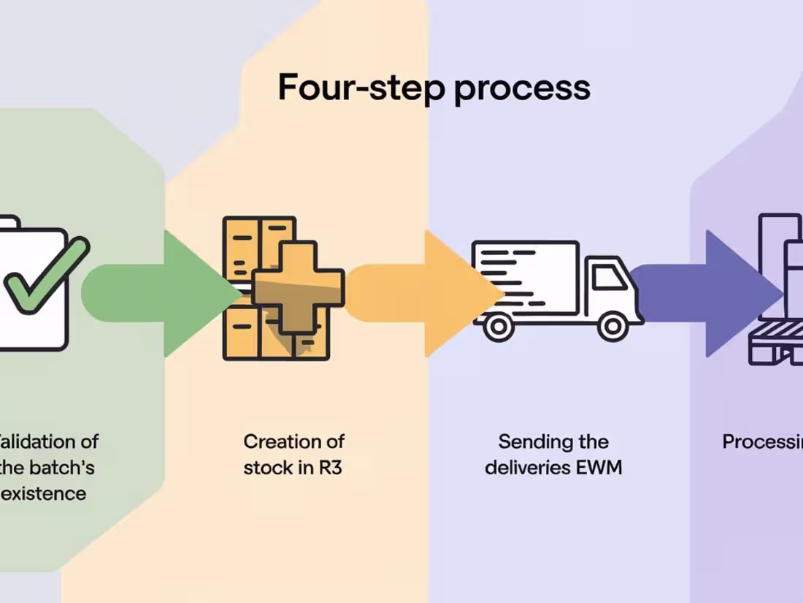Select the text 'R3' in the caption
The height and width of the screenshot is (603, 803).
(330, 468)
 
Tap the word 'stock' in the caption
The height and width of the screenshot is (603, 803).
(267, 468)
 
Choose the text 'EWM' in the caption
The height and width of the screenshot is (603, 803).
(598, 468)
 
